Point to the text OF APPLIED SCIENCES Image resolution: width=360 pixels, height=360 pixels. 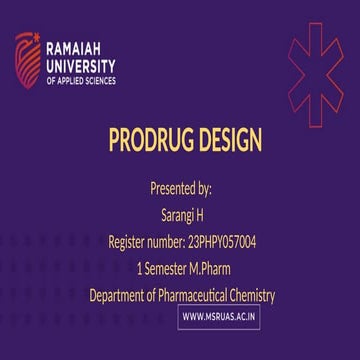pyautogui.click(x=83, y=78)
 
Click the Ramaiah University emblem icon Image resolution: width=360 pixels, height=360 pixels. pyautogui.click(x=27, y=58)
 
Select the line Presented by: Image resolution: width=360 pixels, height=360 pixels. pyautogui.click(x=181, y=188)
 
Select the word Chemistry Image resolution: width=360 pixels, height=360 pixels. pyautogui.click(x=251, y=295)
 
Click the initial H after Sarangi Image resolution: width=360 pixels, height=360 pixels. pyautogui.click(x=200, y=215)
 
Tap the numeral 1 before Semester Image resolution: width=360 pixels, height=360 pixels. pyautogui.click(x=138, y=268)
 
